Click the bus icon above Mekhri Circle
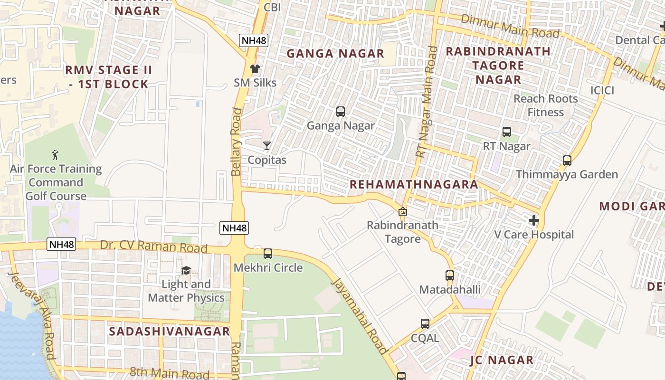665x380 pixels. pos(268,254)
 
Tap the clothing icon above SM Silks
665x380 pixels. pos(255,68)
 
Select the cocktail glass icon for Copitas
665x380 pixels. pos(267,146)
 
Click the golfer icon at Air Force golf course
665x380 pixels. pos(56,155)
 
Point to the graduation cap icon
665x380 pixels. pos(186,270)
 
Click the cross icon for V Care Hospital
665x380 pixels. pos(534,220)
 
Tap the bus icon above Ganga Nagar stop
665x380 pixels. pos(341,112)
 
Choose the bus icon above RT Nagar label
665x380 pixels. pos(507,132)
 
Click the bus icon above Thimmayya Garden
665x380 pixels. pos(567,161)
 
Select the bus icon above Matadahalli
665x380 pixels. pos(450,275)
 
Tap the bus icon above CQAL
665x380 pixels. pos(425,324)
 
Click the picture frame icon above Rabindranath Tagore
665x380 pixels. pos(403,211)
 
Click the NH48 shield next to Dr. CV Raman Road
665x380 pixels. pos(61,244)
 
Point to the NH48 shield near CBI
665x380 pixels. pos(254,40)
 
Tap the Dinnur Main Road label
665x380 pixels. pos(511,26)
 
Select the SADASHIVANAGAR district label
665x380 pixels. pos(170,331)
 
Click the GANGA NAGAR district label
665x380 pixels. pos(335,54)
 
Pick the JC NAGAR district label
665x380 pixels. pos(502,360)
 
